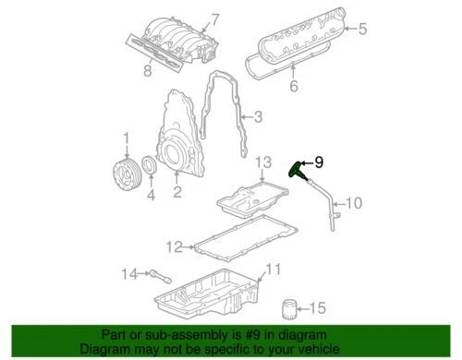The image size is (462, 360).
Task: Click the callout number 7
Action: tap(215, 19)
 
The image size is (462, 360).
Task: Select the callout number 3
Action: tap(259, 117)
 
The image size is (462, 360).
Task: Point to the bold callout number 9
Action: tap(320, 162)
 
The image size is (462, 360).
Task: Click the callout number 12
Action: tap(174, 246)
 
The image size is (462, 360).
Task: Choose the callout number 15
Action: tap(317, 307)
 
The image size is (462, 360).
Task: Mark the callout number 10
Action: tap(354, 203)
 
